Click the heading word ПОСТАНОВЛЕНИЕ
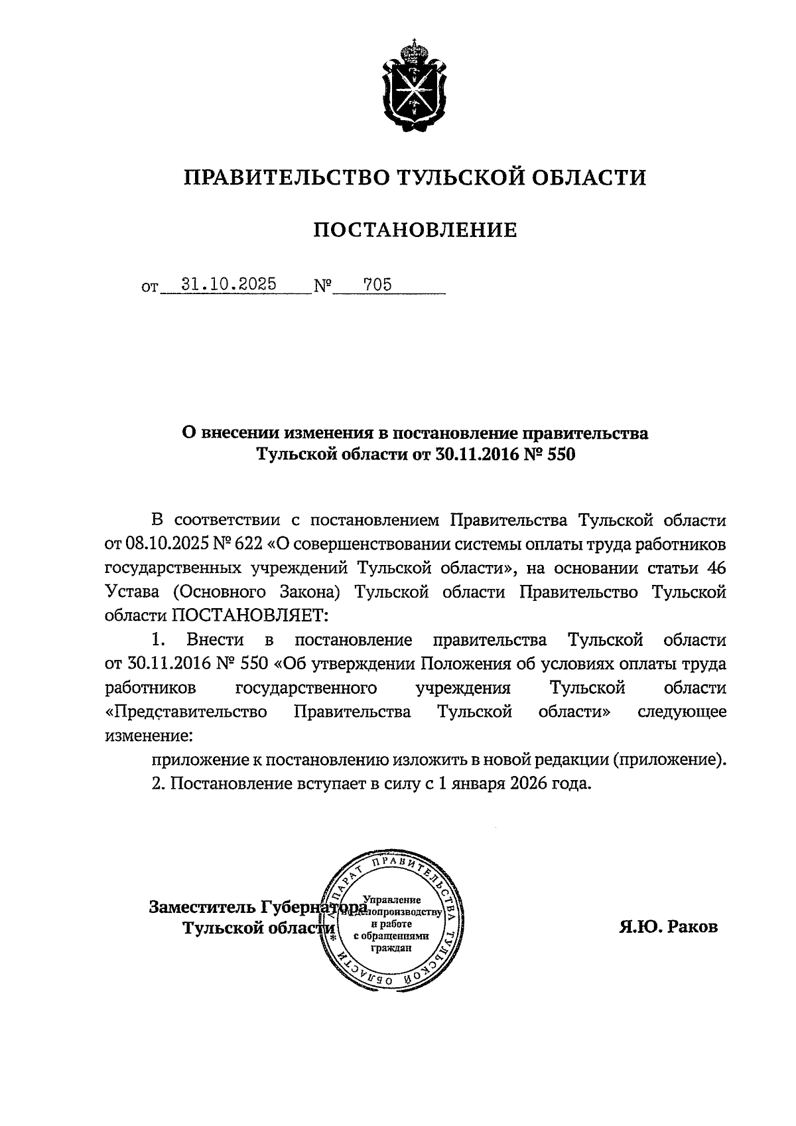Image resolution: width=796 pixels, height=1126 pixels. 415,230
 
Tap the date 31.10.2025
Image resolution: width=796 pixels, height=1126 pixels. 230,284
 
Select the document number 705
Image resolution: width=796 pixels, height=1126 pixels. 377,285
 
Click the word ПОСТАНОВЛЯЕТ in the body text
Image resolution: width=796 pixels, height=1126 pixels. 251,615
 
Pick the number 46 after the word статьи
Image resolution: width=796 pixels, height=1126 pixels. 715,568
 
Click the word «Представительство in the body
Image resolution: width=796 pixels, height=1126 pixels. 187,712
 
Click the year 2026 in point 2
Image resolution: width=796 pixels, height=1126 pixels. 529,783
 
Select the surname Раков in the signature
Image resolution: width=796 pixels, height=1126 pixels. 693,926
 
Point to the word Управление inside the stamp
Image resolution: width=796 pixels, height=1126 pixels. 397,900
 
